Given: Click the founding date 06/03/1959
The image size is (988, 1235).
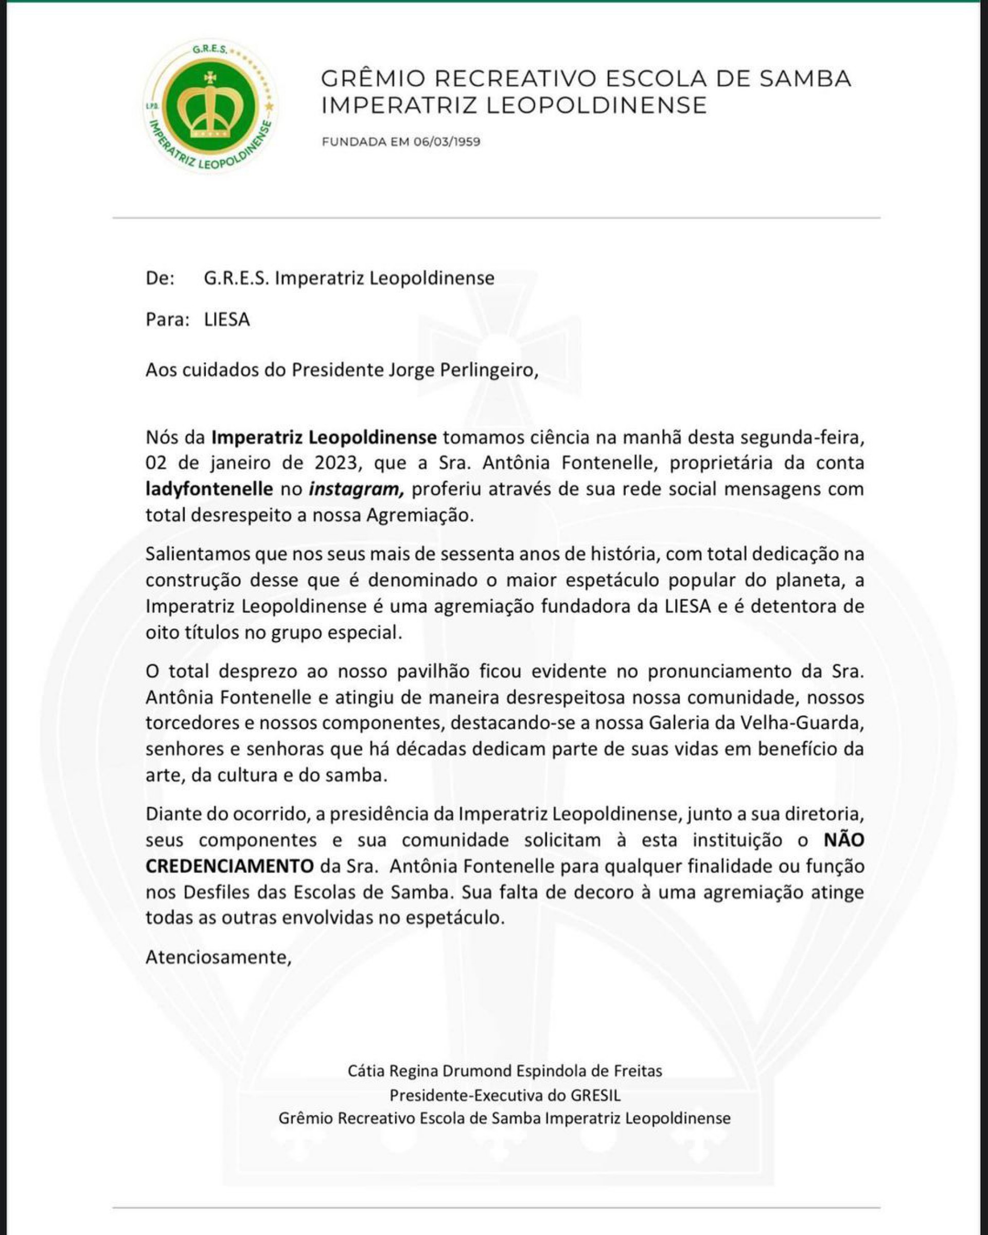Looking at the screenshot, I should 447,142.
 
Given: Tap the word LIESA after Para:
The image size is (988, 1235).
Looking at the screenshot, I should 227,319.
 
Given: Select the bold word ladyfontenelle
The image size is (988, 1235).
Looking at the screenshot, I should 209,489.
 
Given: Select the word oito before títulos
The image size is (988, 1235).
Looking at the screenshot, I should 161,632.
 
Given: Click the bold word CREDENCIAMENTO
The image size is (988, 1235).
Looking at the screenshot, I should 229,866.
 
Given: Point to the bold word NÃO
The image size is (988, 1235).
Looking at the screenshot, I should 843,840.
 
